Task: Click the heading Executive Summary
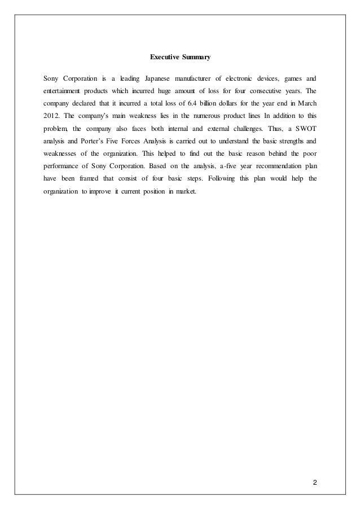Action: (x=179, y=57)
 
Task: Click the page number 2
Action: (x=315, y=467)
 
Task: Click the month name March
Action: (x=306, y=106)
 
